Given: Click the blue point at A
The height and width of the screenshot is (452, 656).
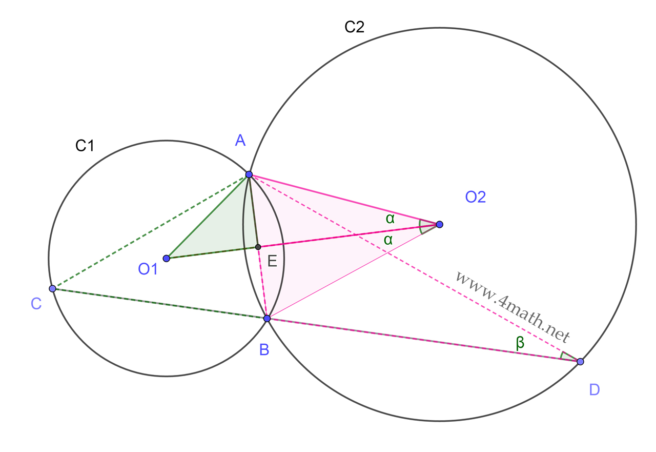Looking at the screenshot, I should click(x=249, y=174).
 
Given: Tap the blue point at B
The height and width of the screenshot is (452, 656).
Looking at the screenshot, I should click(x=266, y=319).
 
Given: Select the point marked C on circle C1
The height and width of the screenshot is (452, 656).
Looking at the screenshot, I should click(x=52, y=289).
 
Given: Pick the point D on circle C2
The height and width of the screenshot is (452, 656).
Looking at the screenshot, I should click(x=580, y=362).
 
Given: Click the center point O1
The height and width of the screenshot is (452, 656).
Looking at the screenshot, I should click(x=166, y=258).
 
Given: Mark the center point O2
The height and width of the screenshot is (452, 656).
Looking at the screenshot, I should click(x=439, y=224).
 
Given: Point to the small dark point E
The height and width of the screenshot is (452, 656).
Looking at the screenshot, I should click(x=258, y=247).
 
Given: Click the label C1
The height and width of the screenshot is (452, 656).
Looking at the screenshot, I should click(x=85, y=146).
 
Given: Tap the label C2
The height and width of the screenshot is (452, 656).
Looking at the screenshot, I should click(x=354, y=27).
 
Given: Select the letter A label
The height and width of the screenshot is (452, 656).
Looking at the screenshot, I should click(x=240, y=140).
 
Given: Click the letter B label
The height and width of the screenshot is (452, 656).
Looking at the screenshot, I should click(x=264, y=350).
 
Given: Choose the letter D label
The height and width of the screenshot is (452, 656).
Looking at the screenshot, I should click(x=594, y=390).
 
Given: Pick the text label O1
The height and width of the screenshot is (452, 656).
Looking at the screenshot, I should click(x=148, y=269).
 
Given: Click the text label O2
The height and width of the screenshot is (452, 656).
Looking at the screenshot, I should click(x=475, y=197).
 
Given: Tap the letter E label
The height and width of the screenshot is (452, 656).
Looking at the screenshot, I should click(x=272, y=262).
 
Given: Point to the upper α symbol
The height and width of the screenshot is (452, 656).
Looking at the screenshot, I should click(x=391, y=219).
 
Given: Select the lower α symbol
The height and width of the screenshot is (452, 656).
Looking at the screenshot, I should click(x=388, y=239).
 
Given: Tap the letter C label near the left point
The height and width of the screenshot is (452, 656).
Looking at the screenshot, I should click(x=36, y=304).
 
